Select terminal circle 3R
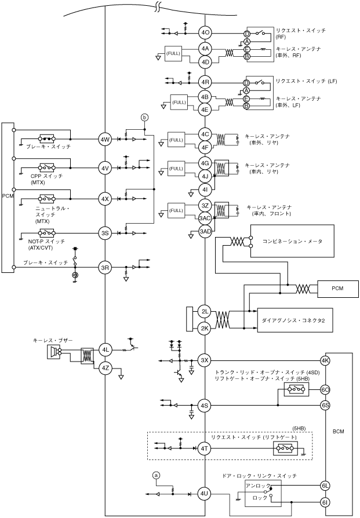[x=105, y=268]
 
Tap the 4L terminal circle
[x=105, y=349]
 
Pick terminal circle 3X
[x=205, y=360]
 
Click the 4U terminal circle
[x=204, y=494]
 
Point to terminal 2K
[x=205, y=329]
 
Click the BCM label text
[x=339, y=432]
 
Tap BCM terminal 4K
[x=325, y=360]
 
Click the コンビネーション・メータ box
[x=292, y=241]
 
